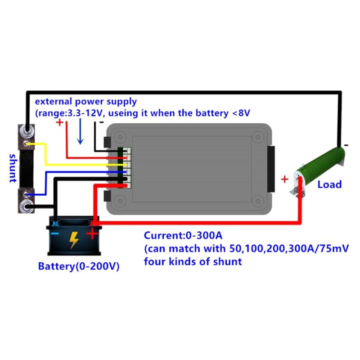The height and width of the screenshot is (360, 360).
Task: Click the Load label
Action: tap(329, 184)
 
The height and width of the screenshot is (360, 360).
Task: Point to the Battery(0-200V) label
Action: tap(78, 266)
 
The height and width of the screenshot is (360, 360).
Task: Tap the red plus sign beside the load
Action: tap(284, 179)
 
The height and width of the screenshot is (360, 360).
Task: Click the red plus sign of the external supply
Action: tap(60, 122)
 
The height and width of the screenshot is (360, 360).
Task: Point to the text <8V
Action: tap(240, 113)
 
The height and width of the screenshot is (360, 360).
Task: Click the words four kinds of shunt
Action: tap(193, 261)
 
